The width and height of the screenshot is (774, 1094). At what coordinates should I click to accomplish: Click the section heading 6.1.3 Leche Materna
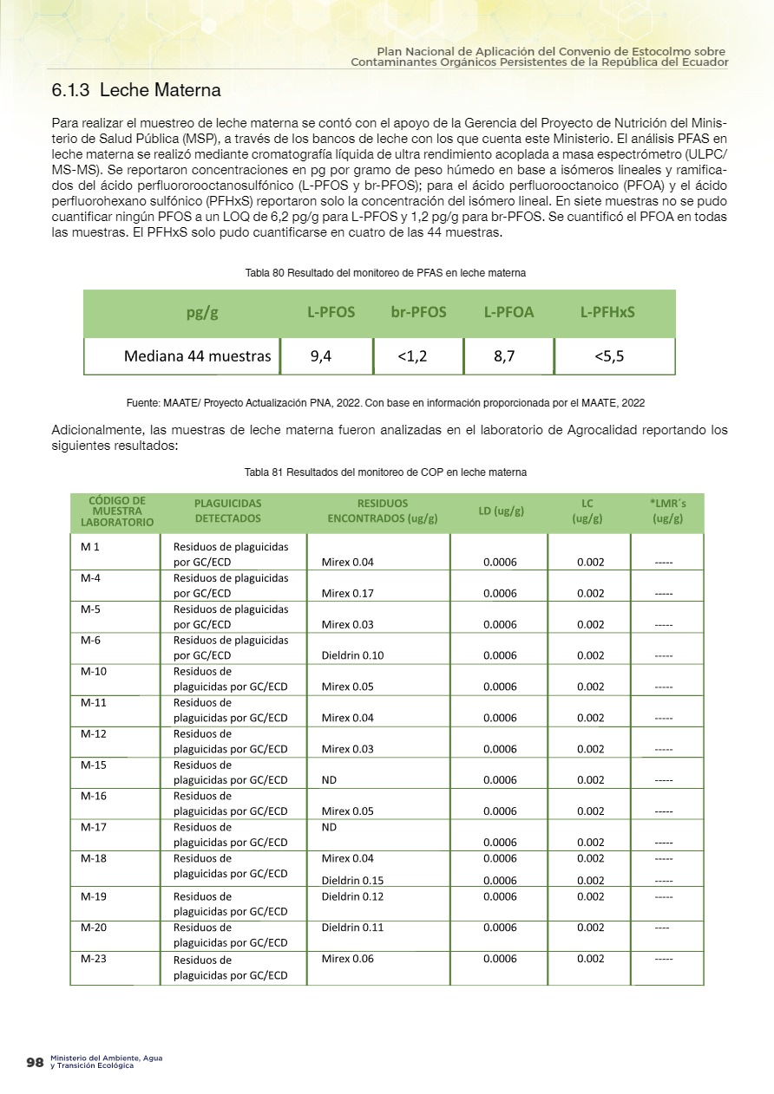click(136, 90)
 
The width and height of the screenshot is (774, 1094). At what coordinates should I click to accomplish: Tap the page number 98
click(35, 1062)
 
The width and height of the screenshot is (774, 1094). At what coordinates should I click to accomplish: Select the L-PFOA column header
click(508, 312)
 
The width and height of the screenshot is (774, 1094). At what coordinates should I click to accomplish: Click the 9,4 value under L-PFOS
click(321, 355)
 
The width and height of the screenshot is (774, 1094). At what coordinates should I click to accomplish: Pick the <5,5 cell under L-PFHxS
click(608, 355)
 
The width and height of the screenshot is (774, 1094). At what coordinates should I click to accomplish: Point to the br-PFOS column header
click(418, 312)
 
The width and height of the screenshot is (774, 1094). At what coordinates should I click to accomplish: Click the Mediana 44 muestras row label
click(197, 355)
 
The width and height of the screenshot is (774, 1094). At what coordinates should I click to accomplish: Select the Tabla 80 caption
click(386, 273)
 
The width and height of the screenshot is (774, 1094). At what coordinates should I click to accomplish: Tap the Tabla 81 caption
click(386, 472)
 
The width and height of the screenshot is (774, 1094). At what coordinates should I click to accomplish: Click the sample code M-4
click(91, 578)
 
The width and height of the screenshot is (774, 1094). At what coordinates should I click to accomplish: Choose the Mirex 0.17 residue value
click(347, 594)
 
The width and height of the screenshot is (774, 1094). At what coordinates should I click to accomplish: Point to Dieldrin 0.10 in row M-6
click(352, 656)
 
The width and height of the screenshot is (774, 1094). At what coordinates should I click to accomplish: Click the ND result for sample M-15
click(329, 780)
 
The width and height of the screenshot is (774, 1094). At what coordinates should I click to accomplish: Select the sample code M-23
click(94, 959)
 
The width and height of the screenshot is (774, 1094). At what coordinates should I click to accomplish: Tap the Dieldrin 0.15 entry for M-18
click(352, 880)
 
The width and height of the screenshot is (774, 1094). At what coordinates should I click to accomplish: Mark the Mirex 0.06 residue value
click(347, 959)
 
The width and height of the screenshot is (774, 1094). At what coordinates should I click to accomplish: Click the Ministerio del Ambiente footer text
click(106, 1062)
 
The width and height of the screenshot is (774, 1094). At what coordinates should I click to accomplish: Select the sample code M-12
click(94, 734)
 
